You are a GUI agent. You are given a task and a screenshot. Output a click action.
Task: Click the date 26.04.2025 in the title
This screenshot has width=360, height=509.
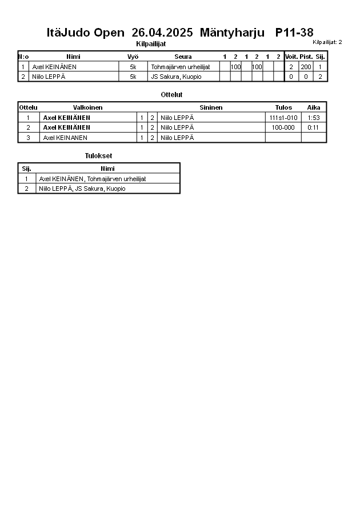[162, 33]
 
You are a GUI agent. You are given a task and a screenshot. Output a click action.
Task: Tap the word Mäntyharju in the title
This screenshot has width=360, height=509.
[232, 33]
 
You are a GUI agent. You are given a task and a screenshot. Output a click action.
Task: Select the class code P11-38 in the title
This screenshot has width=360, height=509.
[294, 33]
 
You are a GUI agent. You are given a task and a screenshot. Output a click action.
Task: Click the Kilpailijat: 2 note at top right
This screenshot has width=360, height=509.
[327, 42]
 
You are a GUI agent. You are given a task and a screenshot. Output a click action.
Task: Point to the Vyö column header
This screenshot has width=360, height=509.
[133, 57]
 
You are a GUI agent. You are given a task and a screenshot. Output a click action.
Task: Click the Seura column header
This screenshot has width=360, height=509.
[183, 57]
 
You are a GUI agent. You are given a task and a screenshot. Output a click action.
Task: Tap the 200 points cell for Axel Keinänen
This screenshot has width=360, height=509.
[306, 67]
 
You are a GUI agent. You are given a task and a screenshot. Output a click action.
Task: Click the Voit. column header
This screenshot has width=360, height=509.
[291, 57]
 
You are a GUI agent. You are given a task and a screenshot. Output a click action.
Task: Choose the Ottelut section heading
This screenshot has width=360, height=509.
[172, 95]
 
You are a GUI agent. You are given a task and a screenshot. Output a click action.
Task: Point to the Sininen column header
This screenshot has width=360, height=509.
[211, 107]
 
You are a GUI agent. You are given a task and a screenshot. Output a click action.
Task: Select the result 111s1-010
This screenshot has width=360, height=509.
[283, 118]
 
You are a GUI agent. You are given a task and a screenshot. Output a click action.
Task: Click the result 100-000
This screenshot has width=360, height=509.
[283, 127]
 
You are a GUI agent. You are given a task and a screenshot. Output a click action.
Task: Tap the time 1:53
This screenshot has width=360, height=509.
[313, 118]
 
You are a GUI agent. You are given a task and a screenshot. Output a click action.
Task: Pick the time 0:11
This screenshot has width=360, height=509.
[313, 127]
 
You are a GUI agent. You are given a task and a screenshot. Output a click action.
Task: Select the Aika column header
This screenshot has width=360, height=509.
[314, 107]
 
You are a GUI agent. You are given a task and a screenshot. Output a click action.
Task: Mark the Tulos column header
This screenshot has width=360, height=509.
[283, 107]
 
